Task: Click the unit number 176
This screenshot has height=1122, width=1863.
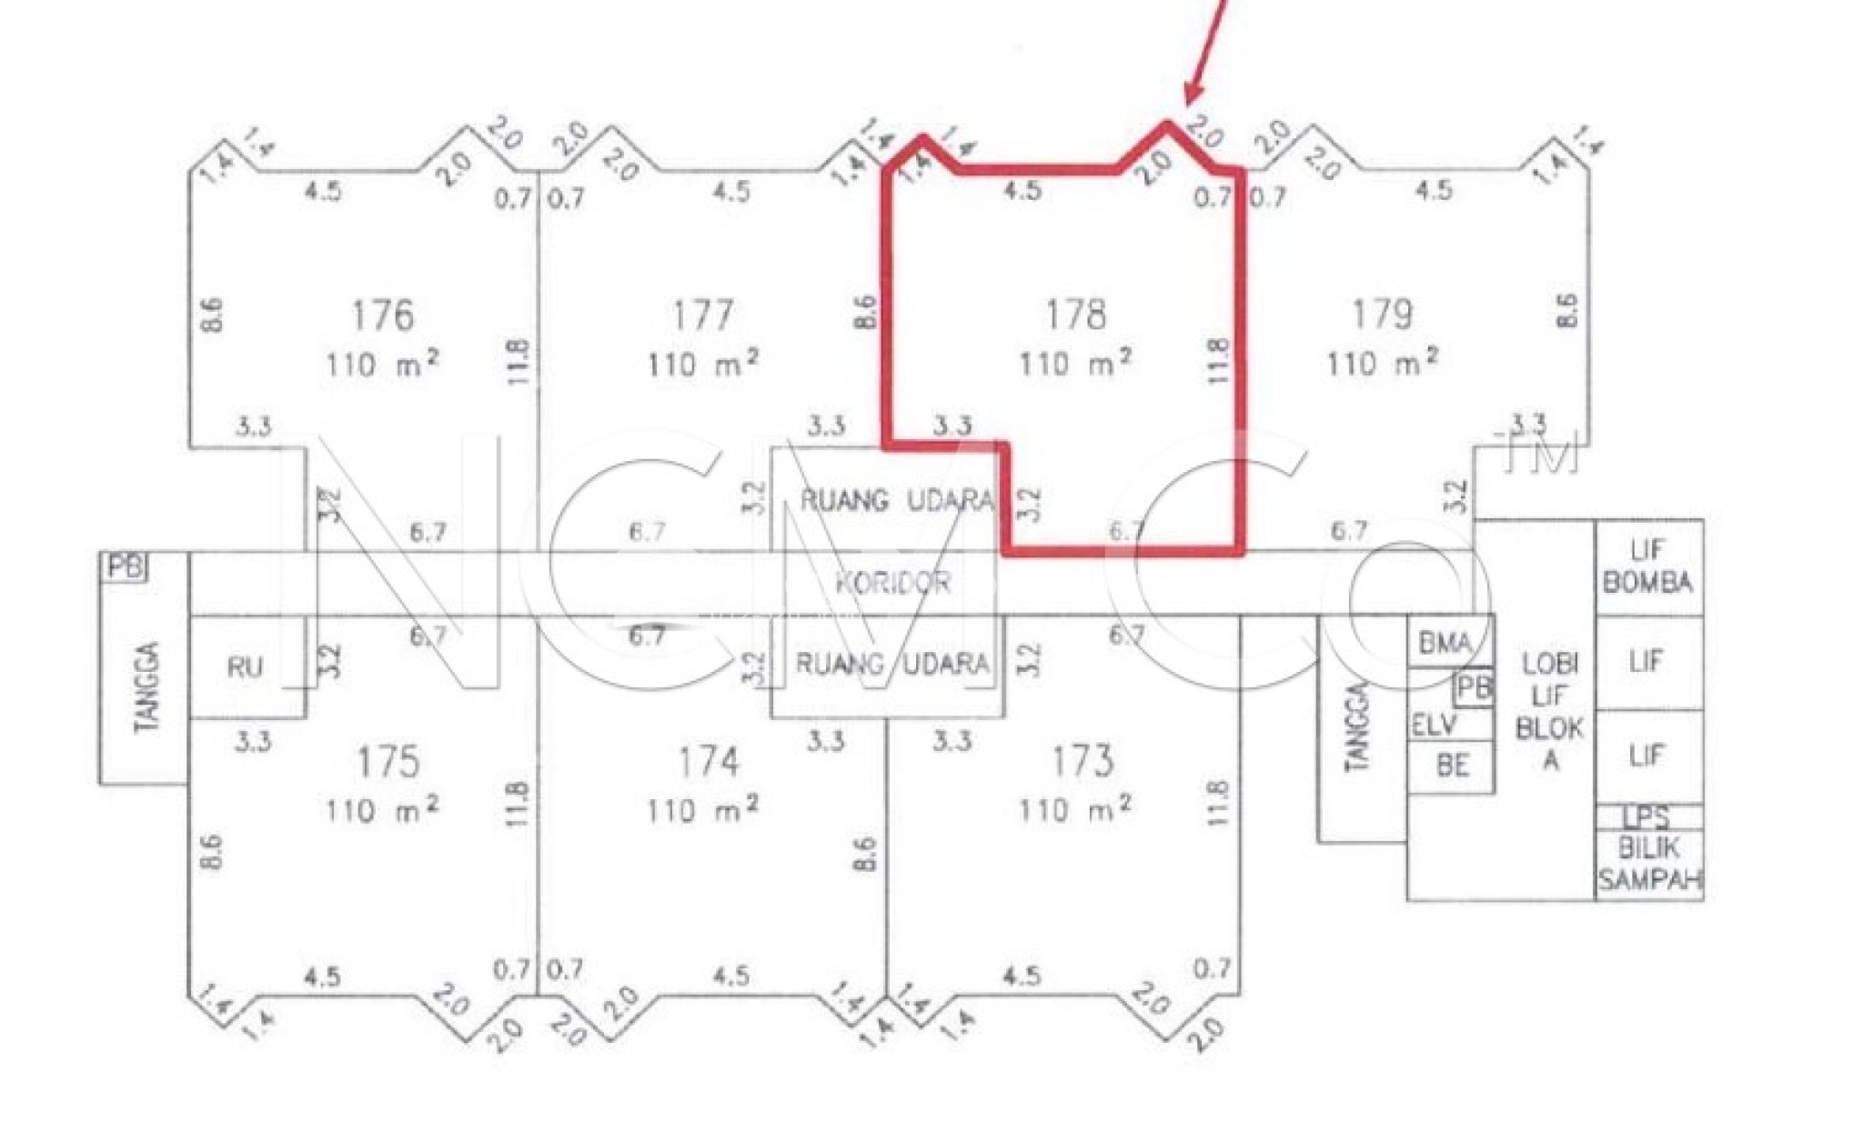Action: tap(382, 316)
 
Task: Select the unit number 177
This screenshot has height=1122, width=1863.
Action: tap(702, 316)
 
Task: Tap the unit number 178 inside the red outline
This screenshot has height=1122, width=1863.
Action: tap(1075, 315)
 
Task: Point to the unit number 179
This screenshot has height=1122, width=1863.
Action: tap(1382, 315)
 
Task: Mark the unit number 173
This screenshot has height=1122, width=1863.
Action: tap(1082, 761)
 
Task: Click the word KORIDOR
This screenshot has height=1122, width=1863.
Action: tap(892, 583)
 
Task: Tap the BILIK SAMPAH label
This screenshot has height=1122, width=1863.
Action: tap(1649, 864)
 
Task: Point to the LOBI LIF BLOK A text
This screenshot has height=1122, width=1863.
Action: tap(1550, 710)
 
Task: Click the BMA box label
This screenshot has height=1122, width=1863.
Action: tap(1445, 644)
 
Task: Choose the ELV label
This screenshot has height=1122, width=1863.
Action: tap(1435, 725)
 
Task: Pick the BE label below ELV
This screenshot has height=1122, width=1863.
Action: tap(1453, 765)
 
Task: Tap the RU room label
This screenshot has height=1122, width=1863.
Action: tap(245, 667)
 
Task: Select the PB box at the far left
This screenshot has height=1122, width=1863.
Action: tap(125, 566)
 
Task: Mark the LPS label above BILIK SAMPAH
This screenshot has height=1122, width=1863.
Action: tap(1646, 816)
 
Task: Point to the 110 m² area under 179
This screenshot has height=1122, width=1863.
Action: tap(1382, 362)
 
